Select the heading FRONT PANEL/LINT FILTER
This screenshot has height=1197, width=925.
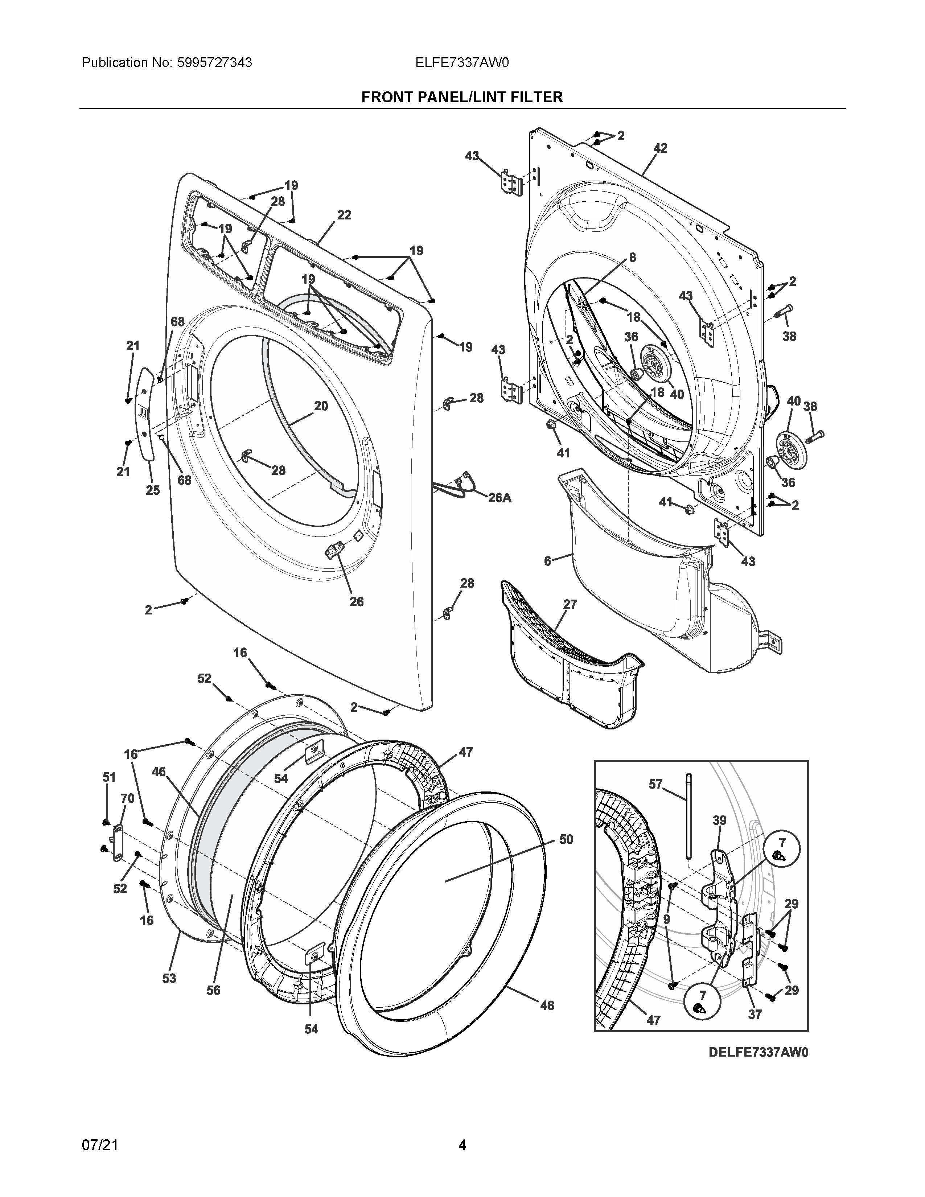[462, 98]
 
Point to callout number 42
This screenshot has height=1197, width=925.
[660, 148]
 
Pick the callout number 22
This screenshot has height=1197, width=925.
[344, 215]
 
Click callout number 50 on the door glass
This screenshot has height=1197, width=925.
[566, 839]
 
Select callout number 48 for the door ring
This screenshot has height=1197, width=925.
[547, 1005]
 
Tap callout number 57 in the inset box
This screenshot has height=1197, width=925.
[656, 784]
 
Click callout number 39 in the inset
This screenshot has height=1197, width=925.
[720, 820]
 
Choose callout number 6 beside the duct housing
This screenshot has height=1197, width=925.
[547, 561]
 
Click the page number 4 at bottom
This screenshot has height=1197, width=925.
[462, 1145]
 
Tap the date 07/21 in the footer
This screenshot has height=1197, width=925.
[100, 1145]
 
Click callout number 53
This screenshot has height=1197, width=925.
[169, 978]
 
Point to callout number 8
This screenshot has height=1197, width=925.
[632, 257]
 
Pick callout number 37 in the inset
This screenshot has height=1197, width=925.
[755, 1015]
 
